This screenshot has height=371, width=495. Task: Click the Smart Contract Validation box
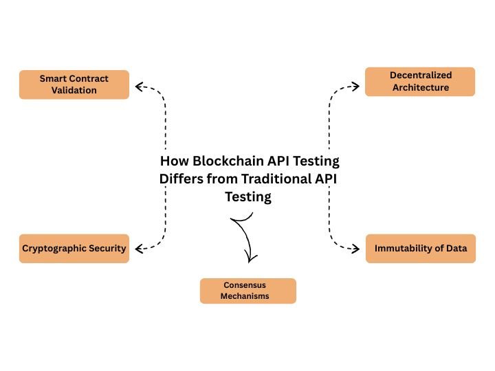(x=74, y=84)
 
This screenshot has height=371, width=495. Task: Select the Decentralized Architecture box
(x=419, y=81)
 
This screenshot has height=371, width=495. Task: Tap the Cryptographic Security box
(x=74, y=248)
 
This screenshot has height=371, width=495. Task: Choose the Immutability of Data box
(x=420, y=248)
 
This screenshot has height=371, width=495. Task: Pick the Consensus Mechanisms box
(x=247, y=291)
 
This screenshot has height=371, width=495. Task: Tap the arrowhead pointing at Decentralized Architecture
(x=355, y=86)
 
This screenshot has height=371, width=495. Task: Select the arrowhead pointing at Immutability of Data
(x=355, y=248)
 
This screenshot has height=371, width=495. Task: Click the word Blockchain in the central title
(x=221, y=161)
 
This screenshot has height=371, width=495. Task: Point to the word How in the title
(x=173, y=161)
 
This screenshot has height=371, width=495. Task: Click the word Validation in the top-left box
(x=74, y=90)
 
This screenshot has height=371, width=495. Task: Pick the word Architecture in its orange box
(x=419, y=87)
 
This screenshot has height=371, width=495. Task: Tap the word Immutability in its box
(x=404, y=248)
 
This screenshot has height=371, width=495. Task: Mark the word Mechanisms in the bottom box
(x=247, y=296)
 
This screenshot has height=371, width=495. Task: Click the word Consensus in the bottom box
(x=247, y=284)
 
